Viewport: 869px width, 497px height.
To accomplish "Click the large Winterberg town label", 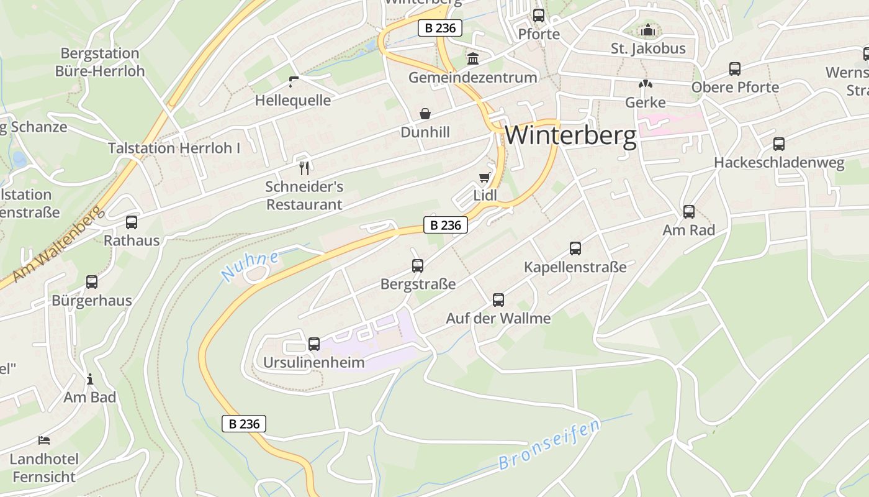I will pyautogui.click(x=570, y=135).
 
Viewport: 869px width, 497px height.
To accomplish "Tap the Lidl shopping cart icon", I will pyautogui.click(x=484, y=178).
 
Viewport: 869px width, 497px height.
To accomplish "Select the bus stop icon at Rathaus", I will pyautogui.click(x=132, y=222).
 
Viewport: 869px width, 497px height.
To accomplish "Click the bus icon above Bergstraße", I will pyautogui.click(x=418, y=266).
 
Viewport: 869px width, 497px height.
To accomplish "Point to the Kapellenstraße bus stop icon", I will pyautogui.click(x=575, y=248).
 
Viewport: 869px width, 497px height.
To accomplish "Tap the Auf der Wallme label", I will pyautogui.click(x=498, y=318).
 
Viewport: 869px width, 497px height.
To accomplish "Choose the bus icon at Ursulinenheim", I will pyautogui.click(x=314, y=344).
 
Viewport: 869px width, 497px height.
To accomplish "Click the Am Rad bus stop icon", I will pyautogui.click(x=689, y=212).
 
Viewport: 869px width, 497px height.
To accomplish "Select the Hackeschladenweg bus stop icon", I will pyautogui.click(x=779, y=144).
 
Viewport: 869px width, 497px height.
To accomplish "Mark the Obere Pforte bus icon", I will pyautogui.click(x=735, y=69).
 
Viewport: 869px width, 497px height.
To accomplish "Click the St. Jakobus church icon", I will pyautogui.click(x=648, y=30).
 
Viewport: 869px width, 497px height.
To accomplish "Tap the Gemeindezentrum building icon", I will pyautogui.click(x=473, y=59).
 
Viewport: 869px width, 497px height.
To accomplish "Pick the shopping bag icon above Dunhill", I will pyautogui.click(x=425, y=114).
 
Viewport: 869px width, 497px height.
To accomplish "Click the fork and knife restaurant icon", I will pyautogui.click(x=304, y=168).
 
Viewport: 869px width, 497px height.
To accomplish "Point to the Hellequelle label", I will pyautogui.click(x=293, y=100).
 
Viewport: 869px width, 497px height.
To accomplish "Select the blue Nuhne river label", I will pyautogui.click(x=250, y=267).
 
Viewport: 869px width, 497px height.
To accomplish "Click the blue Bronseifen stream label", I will pyautogui.click(x=549, y=445).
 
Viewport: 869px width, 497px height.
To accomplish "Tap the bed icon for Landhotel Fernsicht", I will pyautogui.click(x=44, y=440).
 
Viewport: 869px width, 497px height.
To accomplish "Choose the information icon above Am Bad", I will pyautogui.click(x=90, y=379).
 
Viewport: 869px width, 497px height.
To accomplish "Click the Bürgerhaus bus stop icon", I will pyautogui.click(x=92, y=282).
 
